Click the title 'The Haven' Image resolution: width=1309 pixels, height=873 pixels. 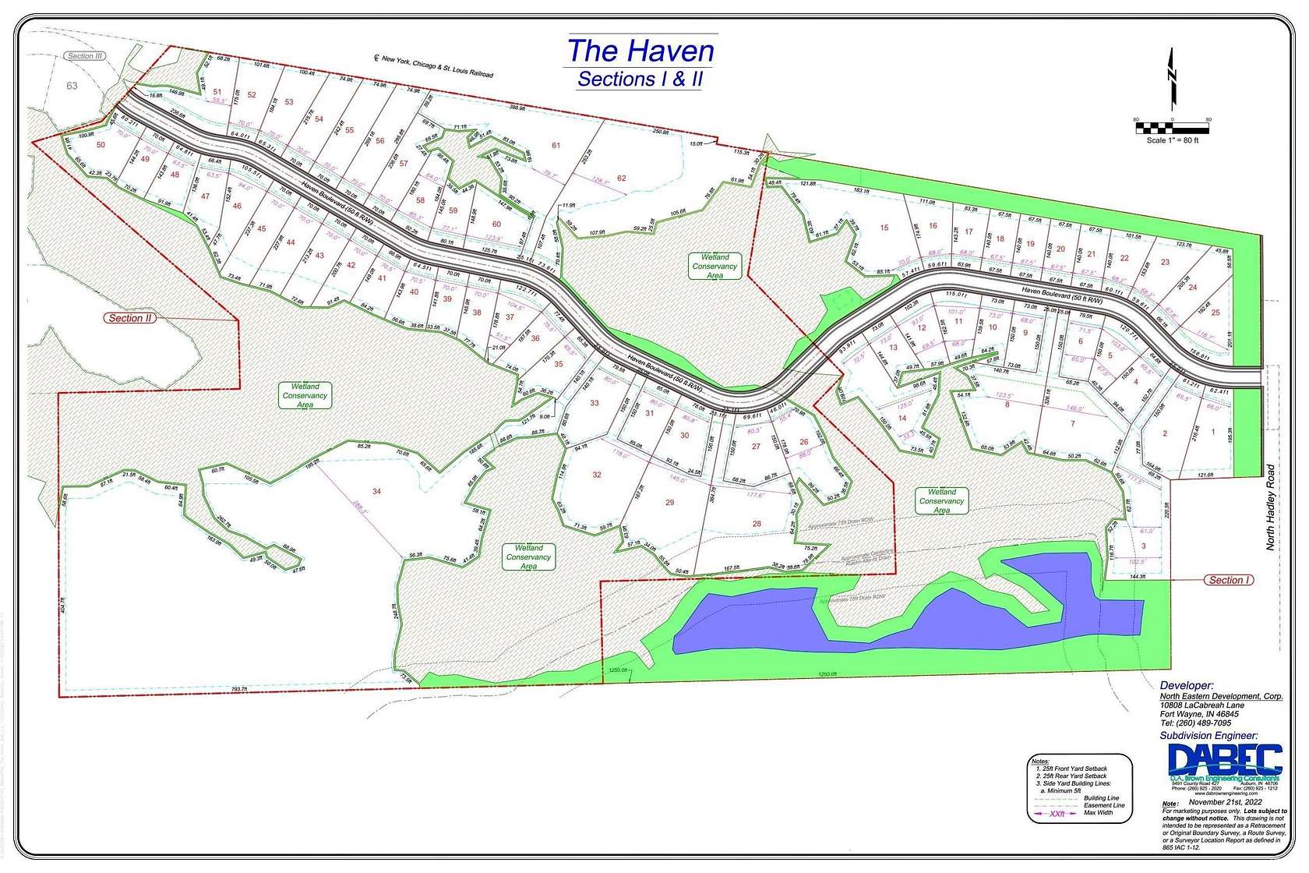(x=640, y=51)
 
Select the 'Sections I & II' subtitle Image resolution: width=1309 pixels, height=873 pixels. (x=640, y=80)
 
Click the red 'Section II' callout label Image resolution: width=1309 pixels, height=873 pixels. (x=131, y=318)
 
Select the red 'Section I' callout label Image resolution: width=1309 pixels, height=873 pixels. (x=1230, y=580)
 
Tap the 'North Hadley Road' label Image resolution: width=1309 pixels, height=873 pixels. (x=1271, y=507)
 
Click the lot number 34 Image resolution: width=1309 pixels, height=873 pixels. (x=377, y=491)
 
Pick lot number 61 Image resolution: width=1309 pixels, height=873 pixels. (x=556, y=145)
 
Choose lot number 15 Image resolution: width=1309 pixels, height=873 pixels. (x=884, y=228)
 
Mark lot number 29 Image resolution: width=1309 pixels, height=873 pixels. (x=669, y=503)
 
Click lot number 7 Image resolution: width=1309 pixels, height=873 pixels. (x=1073, y=424)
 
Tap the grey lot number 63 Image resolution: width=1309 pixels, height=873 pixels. (x=72, y=86)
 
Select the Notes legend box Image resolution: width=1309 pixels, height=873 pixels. (x=1079, y=788)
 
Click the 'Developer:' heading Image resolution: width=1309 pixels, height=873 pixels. (x=1187, y=686)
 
